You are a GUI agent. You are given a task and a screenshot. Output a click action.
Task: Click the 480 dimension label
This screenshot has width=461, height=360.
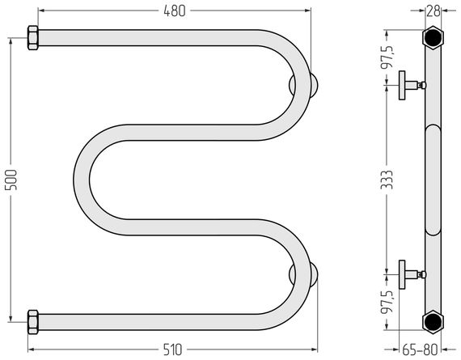175,11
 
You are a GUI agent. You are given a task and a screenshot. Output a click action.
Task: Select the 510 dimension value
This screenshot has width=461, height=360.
172,350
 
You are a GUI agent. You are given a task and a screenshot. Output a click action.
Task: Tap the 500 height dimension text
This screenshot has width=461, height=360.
12,180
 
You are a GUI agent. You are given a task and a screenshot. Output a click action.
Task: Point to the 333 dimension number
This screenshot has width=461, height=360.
387,180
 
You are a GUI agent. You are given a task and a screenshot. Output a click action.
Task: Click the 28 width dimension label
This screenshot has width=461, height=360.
434,11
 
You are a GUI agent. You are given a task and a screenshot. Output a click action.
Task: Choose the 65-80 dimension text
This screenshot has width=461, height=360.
420,350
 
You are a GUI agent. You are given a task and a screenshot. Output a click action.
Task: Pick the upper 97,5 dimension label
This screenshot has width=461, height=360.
387,57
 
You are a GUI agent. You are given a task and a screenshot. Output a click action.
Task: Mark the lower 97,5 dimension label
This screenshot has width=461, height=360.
387,303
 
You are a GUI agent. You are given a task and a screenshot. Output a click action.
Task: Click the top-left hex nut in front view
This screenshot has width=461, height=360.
33,38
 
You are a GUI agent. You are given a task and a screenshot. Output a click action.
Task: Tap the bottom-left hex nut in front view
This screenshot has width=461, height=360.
33,322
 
